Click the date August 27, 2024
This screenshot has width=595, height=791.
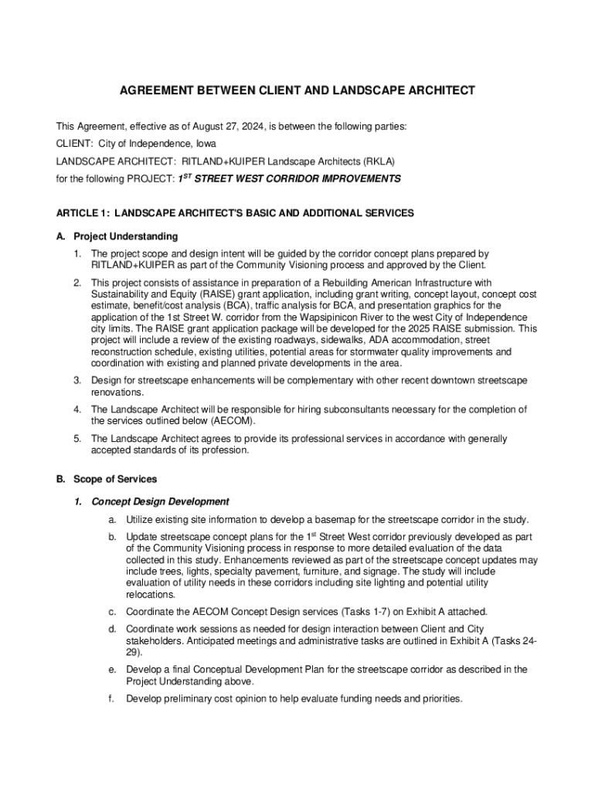[x=208, y=126]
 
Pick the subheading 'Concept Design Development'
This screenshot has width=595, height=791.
[x=160, y=501]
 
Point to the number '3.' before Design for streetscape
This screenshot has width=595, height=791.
[x=77, y=381]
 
